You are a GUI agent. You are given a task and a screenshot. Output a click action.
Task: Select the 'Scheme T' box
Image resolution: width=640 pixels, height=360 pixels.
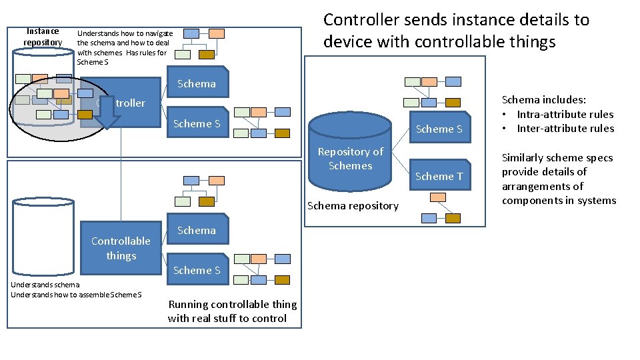(x=439, y=176)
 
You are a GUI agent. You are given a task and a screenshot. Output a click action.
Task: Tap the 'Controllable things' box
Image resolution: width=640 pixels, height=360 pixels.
(x=121, y=248)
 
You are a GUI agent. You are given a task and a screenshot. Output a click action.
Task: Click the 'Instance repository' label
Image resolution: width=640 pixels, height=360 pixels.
(x=43, y=37)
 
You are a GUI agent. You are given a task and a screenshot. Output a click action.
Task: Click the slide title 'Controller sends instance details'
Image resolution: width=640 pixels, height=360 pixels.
(x=456, y=31)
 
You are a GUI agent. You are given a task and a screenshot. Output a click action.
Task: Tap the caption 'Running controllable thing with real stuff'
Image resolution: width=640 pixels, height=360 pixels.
(x=232, y=311)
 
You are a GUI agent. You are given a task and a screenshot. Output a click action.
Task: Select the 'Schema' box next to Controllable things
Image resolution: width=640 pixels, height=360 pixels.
(x=196, y=231)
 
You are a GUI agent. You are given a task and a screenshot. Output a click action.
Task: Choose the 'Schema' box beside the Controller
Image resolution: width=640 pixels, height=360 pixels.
(x=196, y=84)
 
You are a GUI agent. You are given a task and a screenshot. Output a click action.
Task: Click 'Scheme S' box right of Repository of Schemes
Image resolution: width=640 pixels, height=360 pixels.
(x=439, y=129)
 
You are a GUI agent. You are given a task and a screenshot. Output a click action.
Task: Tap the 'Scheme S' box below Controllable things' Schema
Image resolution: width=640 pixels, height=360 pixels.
(x=196, y=270)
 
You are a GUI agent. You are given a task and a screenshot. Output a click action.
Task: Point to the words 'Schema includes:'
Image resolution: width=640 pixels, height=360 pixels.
(x=543, y=100)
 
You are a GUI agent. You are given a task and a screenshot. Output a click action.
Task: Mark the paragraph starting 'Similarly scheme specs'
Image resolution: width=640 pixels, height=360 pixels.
(x=559, y=179)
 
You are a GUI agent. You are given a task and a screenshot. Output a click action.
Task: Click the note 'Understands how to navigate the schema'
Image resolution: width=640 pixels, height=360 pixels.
(x=125, y=47)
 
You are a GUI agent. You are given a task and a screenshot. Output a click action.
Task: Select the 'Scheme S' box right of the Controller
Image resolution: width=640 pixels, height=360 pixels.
(x=196, y=123)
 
